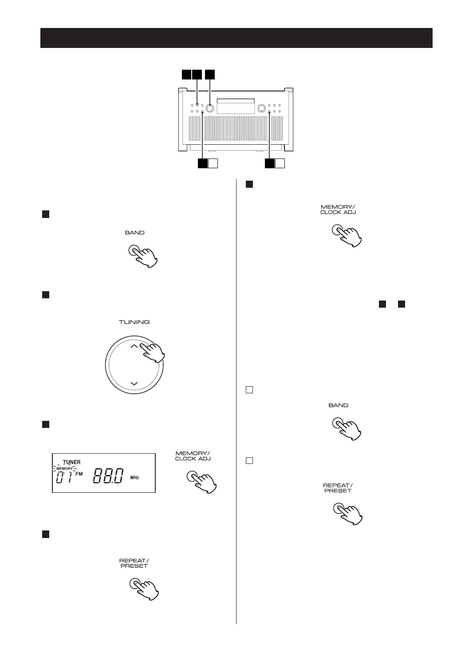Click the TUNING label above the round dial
tap(134, 322)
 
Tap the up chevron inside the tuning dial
tap(134, 347)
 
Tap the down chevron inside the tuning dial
tap(134, 383)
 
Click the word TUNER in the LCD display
tap(71, 462)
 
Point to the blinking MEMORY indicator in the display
tap(64, 468)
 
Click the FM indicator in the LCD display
tap(79, 474)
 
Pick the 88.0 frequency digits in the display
tap(108, 476)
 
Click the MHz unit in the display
tap(134, 478)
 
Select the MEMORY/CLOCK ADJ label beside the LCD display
tap(193, 456)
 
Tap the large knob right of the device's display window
tap(262, 107)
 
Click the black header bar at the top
tap(236, 38)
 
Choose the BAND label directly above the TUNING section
tap(134, 233)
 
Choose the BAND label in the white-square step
tap(338, 405)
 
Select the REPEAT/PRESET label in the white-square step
tap(338, 488)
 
